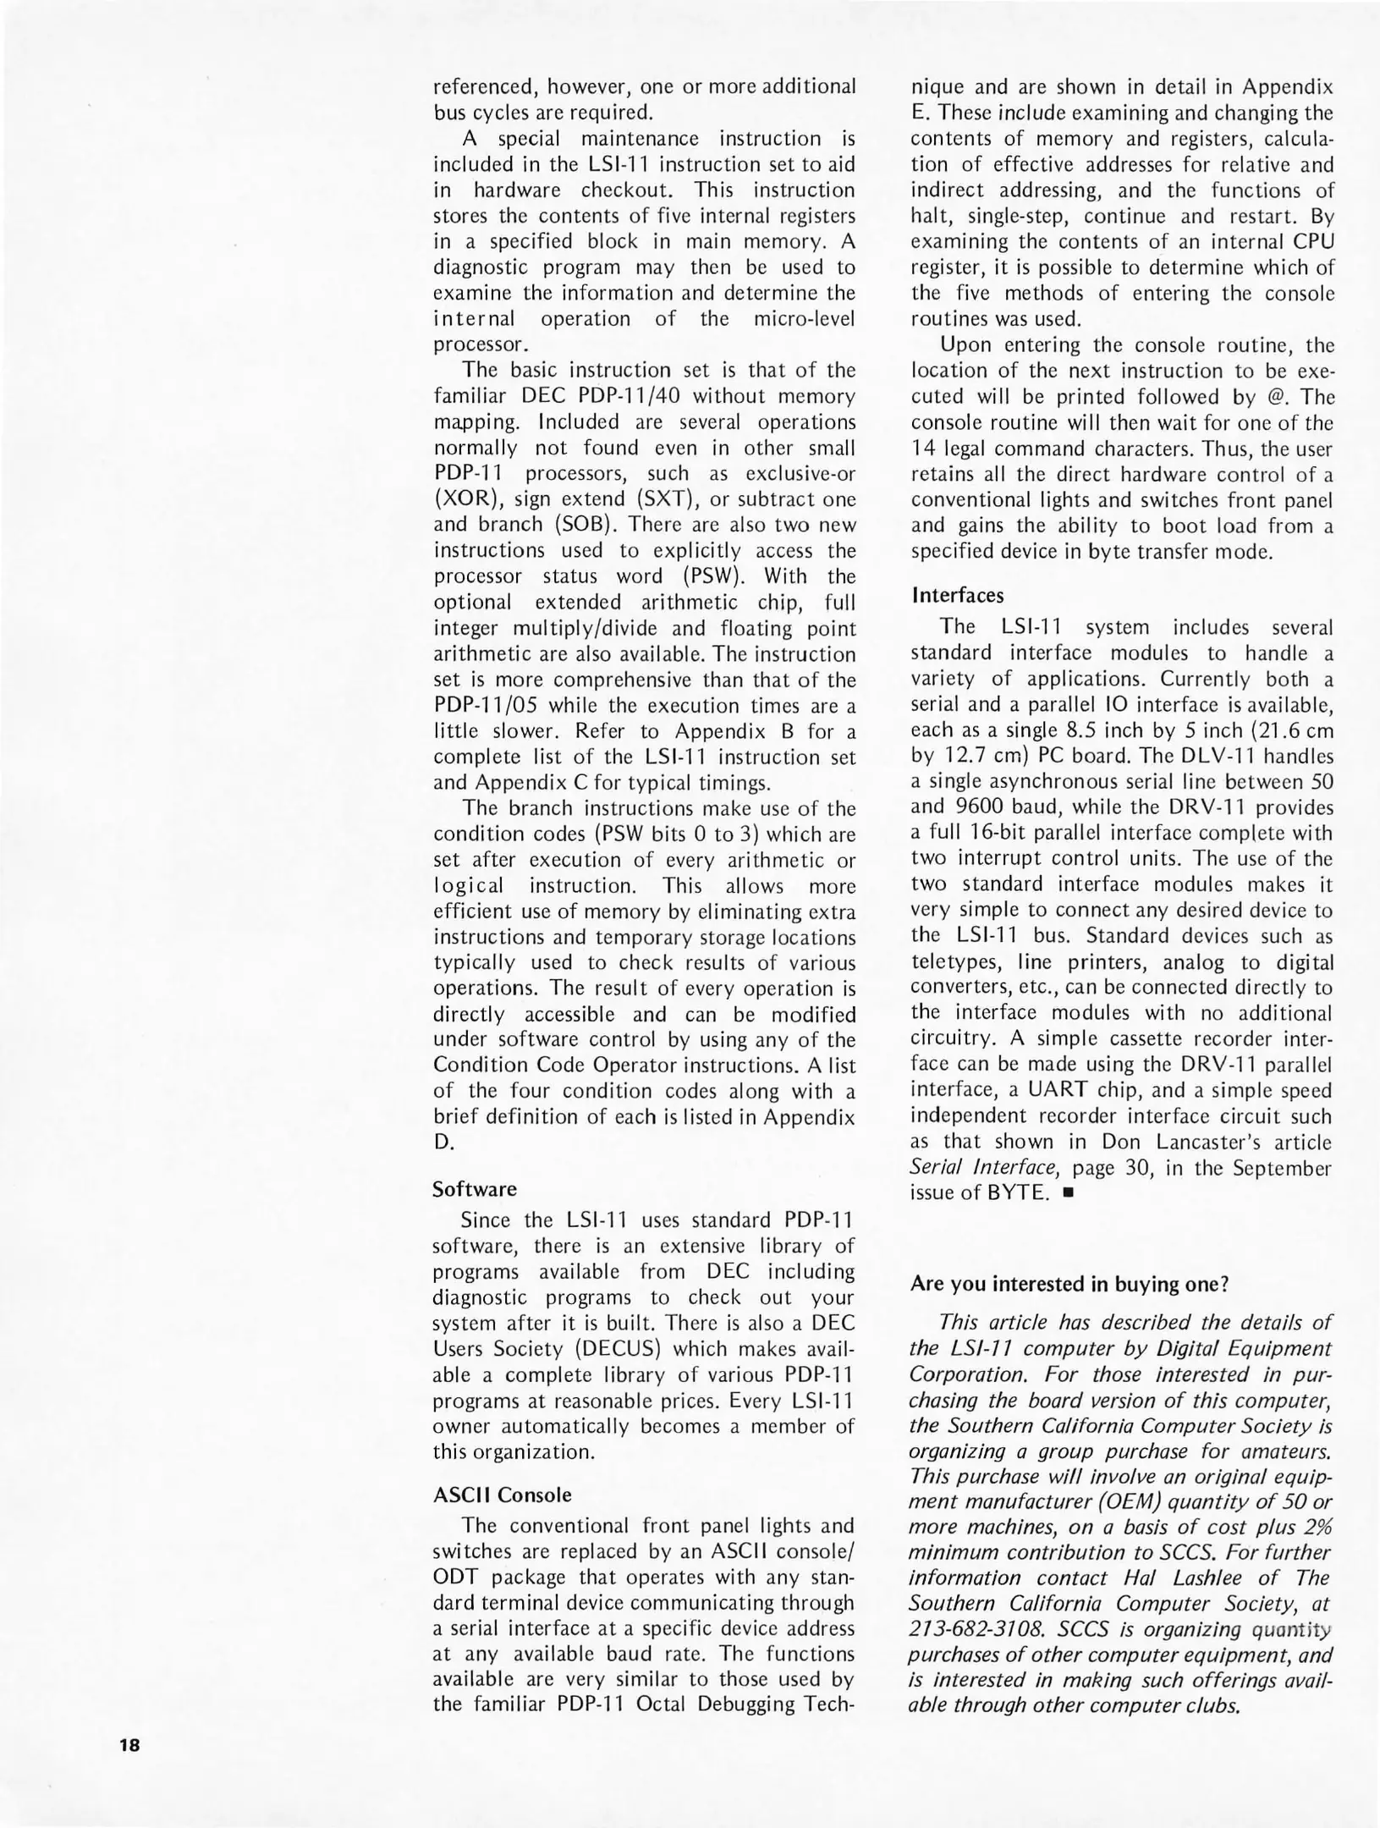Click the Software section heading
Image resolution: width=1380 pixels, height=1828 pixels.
[474, 1189]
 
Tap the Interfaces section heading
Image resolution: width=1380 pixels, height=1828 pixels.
[957, 595]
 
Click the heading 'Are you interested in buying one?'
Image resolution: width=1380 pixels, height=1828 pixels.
[1069, 1284]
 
